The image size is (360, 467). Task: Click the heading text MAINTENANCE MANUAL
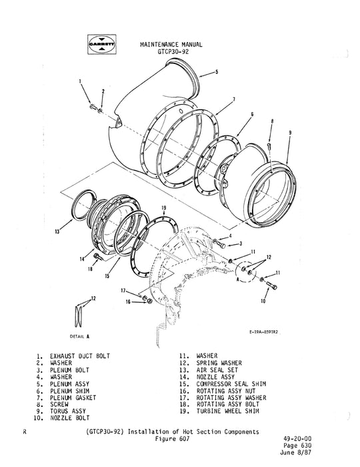171,43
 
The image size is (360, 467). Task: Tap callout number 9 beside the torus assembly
290,133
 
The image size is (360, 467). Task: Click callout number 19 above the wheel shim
163,209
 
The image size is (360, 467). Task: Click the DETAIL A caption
79,336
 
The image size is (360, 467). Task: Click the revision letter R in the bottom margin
25,432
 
